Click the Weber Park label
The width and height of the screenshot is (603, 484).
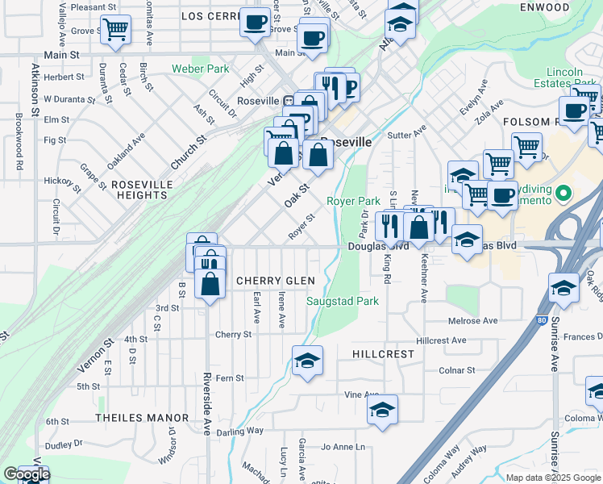[x=201, y=69]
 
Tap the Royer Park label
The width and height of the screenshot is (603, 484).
[x=353, y=201]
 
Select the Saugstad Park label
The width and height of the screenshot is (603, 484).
[x=343, y=302]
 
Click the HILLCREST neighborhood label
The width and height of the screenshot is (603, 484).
[x=383, y=354]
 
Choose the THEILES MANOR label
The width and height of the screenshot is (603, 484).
[x=142, y=418]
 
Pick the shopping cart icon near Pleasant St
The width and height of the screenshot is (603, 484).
[x=116, y=30]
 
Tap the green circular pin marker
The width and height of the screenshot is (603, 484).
[x=563, y=194]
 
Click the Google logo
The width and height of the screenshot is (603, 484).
[x=26, y=474]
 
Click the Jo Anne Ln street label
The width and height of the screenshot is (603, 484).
[x=343, y=446]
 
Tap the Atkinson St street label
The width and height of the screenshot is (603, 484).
[x=35, y=88]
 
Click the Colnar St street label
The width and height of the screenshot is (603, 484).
[x=459, y=371]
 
